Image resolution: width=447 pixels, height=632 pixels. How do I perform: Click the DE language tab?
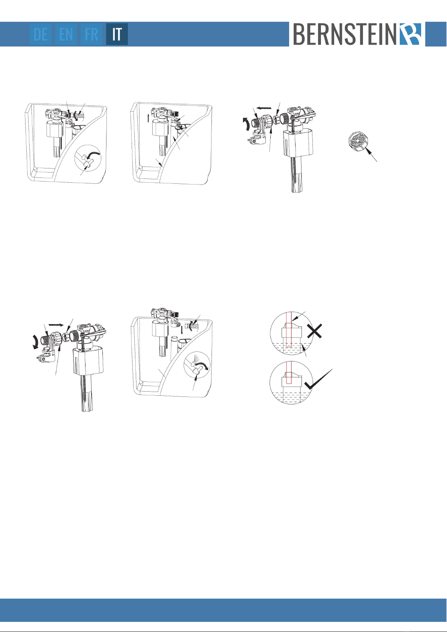point(40,34)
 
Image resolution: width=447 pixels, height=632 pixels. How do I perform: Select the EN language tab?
point(66,34)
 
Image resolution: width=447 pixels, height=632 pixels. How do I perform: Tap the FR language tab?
point(91,34)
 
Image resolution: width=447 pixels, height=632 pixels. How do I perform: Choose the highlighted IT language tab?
point(117,34)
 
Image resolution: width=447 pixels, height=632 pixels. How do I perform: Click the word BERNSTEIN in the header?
point(345,34)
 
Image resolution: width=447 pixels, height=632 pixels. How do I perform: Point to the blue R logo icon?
point(411,34)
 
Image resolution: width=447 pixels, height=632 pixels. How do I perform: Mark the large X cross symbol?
point(315,331)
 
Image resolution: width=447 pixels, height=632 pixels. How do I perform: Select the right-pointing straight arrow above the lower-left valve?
point(56,325)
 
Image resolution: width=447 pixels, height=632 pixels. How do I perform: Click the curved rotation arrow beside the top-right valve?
point(246,124)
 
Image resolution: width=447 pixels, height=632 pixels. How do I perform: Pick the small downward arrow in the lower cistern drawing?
point(181,330)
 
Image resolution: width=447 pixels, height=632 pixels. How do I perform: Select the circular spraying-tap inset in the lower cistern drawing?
point(197,365)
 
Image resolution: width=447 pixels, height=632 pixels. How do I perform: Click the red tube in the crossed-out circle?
point(288,330)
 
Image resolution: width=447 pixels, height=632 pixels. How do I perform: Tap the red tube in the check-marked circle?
point(288,373)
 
